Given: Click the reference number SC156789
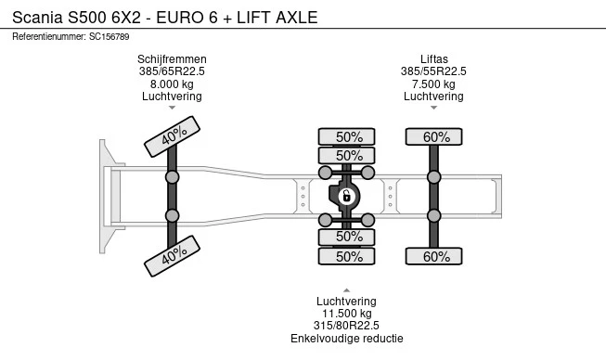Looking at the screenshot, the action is pyautogui.click(x=109, y=37).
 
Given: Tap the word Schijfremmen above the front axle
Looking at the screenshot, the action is pyautogui.click(x=172, y=59).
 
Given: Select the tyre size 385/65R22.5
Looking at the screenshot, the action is pyautogui.click(x=172, y=71).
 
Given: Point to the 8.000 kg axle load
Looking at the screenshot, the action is pyautogui.click(x=172, y=84).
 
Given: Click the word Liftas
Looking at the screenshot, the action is pyautogui.click(x=434, y=59).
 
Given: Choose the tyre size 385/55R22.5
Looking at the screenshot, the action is pyautogui.click(x=433, y=71).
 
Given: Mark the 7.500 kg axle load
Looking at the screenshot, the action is pyautogui.click(x=433, y=84).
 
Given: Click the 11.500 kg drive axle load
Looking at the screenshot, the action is pyautogui.click(x=347, y=314).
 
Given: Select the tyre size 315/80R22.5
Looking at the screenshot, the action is pyautogui.click(x=346, y=326).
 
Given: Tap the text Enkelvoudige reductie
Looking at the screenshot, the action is pyautogui.click(x=347, y=339).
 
